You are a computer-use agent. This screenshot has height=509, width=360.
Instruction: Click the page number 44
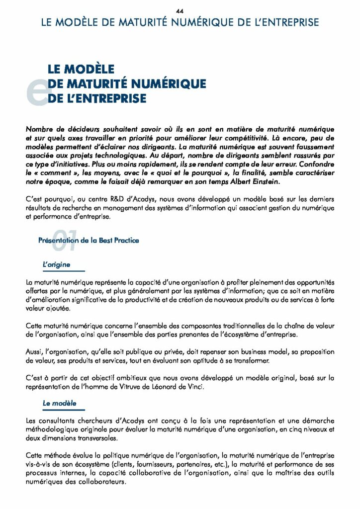click(180, 11)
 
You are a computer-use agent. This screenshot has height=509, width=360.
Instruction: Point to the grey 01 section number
click(64, 241)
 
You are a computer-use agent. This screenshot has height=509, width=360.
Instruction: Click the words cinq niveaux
click(299, 429)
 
